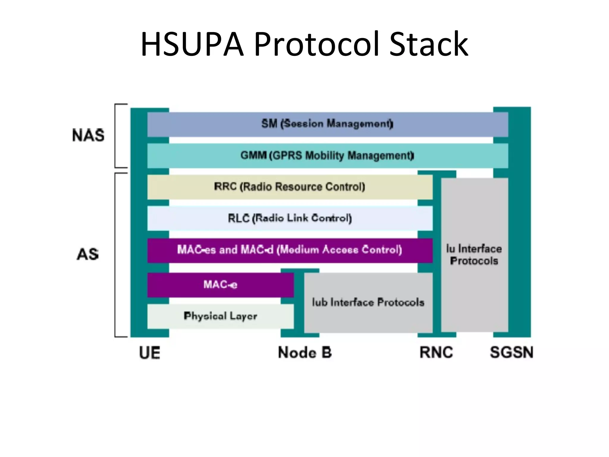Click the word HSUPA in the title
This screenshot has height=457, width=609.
click(192, 45)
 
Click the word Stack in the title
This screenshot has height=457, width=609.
click(429, 45)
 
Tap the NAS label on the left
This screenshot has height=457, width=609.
click(88, 135)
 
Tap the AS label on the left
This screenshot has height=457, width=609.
click(88, 255)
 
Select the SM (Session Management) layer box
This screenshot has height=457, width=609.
click(327, 124)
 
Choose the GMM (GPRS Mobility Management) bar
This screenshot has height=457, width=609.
click(327, 156)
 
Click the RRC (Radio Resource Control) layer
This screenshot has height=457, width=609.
click(290, 187)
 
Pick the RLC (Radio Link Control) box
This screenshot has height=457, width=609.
click(290, 218)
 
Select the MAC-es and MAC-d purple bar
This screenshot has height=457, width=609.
click(290, 250)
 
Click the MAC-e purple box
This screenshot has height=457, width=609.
click(220, 285)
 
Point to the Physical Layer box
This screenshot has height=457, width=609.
click(220, 316)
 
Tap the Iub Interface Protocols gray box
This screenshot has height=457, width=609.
click(368, 303)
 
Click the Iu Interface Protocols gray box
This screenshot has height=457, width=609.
click(474, 255)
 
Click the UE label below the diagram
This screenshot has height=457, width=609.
click(150, 353)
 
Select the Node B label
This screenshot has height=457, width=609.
click(305, 353)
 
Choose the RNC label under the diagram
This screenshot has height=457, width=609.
click(436, 353)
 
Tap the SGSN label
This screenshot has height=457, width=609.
click(511, 353)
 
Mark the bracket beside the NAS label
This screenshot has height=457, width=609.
click(116, 136)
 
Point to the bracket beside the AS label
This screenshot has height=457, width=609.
click(116, 255)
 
